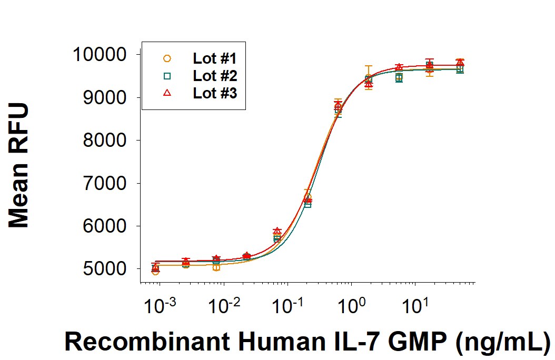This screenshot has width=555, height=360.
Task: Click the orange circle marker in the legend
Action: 167,58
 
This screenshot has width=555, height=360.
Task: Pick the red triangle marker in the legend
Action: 167,93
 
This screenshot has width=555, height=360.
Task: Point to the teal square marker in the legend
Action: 167,76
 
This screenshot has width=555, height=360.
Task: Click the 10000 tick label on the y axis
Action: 101,55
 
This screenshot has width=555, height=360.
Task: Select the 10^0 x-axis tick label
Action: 351,304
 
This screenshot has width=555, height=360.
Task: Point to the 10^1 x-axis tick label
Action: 415,304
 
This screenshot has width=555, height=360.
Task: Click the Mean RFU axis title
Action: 19,165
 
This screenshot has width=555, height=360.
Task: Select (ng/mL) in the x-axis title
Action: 503,342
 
